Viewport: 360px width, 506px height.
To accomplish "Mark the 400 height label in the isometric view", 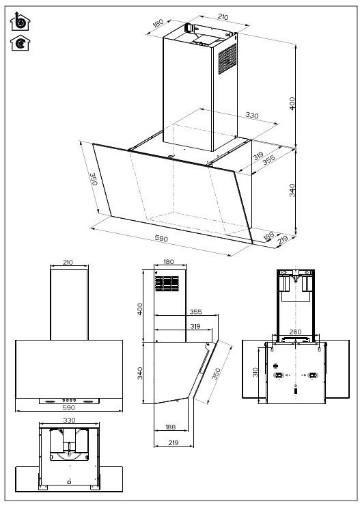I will click(292, 103).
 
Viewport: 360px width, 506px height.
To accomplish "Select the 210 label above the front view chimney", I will click(69, 263).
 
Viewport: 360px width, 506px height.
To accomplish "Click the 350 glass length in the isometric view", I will click(95, 180).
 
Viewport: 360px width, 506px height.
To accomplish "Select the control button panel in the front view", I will click(69, 401).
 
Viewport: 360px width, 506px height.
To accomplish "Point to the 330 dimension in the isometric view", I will click(251, 116).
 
